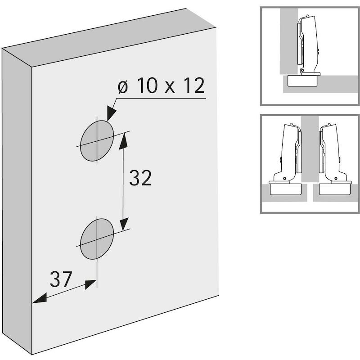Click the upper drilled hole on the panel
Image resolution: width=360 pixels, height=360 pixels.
coord(97,141)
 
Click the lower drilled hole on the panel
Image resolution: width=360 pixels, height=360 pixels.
coord(97,239)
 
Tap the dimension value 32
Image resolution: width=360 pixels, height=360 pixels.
coord(140,178)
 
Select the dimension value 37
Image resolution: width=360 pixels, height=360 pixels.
coord(61,279)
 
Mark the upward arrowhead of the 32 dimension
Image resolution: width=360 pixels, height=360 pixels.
coord(123,141)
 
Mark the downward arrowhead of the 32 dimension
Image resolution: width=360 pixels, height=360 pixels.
coord(124,223)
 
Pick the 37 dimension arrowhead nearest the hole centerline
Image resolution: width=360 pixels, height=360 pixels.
coord(90,284)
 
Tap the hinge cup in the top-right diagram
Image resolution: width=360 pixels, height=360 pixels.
coord(303,81)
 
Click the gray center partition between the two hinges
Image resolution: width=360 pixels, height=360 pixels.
coord(310,149)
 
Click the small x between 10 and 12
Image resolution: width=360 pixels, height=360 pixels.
coord(170,88)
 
